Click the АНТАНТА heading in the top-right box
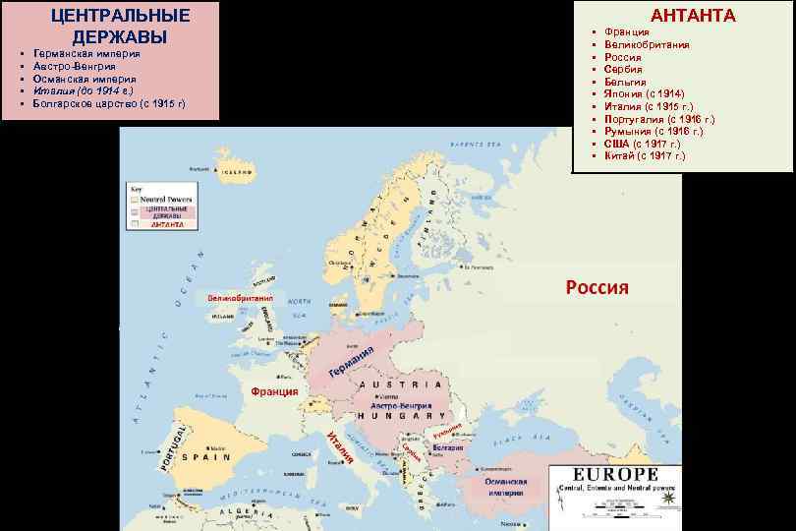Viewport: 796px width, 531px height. tap(694, 15)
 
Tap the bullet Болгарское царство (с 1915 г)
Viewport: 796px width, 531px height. tap(108, 102)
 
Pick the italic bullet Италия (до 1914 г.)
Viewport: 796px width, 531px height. tap(84, 90)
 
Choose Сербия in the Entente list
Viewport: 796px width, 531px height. tap(623, 70)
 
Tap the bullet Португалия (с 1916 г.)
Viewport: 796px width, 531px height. tap(658, 119)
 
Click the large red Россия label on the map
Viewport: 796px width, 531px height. tap(597, 287)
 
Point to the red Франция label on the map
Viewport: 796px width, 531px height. tap(274, 391)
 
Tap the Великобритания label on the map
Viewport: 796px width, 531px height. tap(241, 297)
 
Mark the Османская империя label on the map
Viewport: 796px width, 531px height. tap(506, 488)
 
